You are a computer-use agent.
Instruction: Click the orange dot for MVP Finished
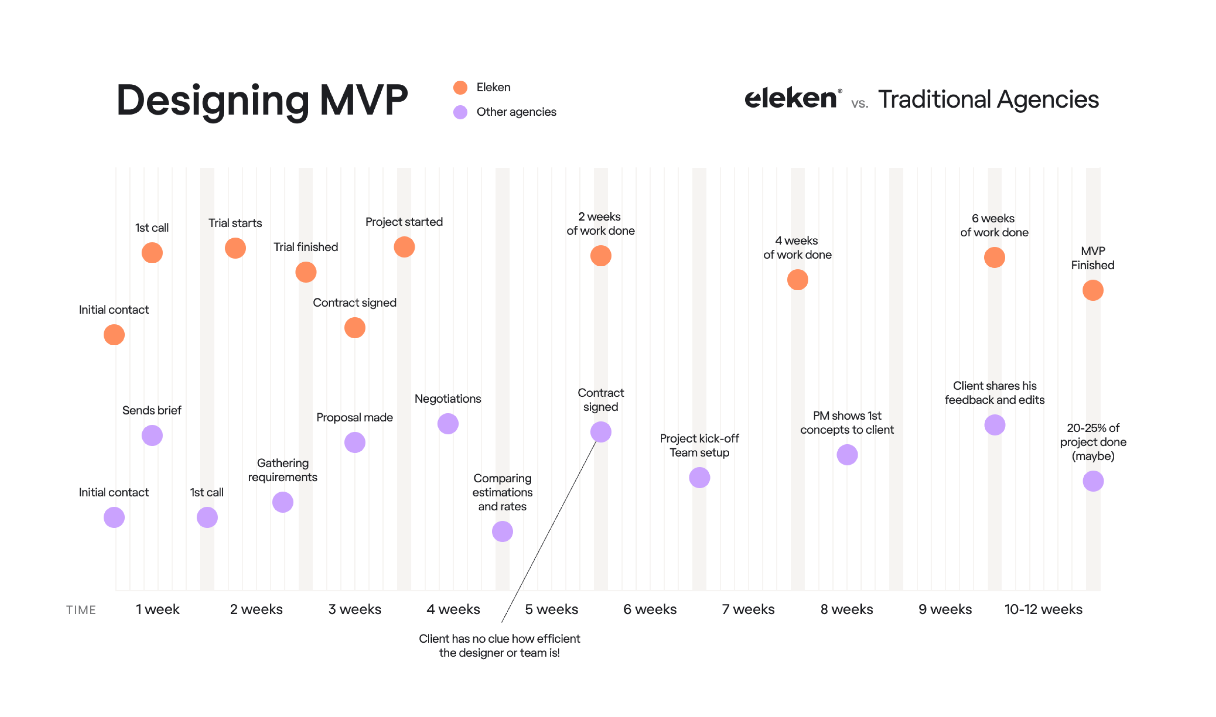[1092, 290]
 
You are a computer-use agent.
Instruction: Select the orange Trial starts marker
[235, 248]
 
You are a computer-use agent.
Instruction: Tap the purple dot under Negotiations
[448, 424]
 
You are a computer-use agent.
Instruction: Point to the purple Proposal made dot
[355, 443]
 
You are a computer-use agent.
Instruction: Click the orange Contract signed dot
[355, 328]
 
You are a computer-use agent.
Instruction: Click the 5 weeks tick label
[552, 609]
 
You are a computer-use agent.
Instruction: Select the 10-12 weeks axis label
[1043, 609]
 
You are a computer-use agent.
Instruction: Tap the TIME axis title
[81, 610]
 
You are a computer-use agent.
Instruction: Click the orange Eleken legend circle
[460, 87]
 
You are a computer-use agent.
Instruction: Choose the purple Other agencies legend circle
[460, 112]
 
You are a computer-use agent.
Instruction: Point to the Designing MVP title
[262, 100]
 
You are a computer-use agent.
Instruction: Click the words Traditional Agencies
[988, 100]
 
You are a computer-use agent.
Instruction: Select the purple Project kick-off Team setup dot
[699, 478]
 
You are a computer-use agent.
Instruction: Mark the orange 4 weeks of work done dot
[797, 280]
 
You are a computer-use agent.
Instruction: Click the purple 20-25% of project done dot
[1093, 481]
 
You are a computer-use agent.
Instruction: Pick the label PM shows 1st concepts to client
[847, 423]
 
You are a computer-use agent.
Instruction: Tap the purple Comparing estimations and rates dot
[502, 531]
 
